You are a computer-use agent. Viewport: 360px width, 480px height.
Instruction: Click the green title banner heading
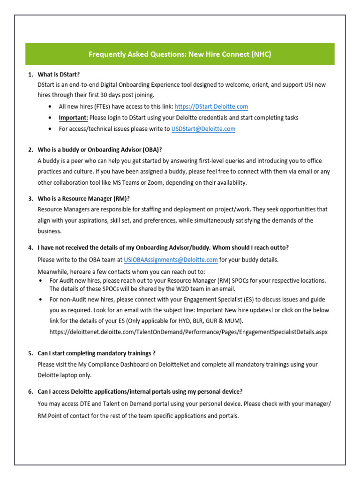pyautogui.click(x=180, y=54)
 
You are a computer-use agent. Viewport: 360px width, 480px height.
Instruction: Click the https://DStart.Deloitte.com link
pyautogui.click(x=211, y=107)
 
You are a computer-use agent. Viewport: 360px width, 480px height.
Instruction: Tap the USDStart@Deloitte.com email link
pyautogui.click(x=203, y=128)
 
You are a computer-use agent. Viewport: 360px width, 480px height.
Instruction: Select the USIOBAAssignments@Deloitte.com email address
pyautogui.click(x=171, y=259)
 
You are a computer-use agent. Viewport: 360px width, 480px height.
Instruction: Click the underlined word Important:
pyautogui.click(x=73, y=118)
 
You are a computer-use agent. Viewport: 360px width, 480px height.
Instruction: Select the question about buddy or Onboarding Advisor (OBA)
pyautogui.click(x=99, y=150)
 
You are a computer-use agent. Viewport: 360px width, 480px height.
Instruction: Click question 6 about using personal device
pyautogui.click(x=140, y=391)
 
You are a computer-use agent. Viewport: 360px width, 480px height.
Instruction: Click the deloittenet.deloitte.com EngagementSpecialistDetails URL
pyautogui.click(x=188, y=332)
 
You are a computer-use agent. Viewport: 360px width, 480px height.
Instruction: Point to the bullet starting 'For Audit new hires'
pyautogui.click(x=187, y=280)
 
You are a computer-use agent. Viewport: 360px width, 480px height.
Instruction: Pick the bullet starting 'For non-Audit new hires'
pyautogui.click(x=187, y=299)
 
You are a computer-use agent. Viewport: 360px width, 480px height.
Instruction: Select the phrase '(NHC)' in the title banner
pyautogui.click(x=261, y=54)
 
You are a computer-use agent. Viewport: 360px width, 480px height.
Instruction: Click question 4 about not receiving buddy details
pyautogui.click(x=166, y=247)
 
